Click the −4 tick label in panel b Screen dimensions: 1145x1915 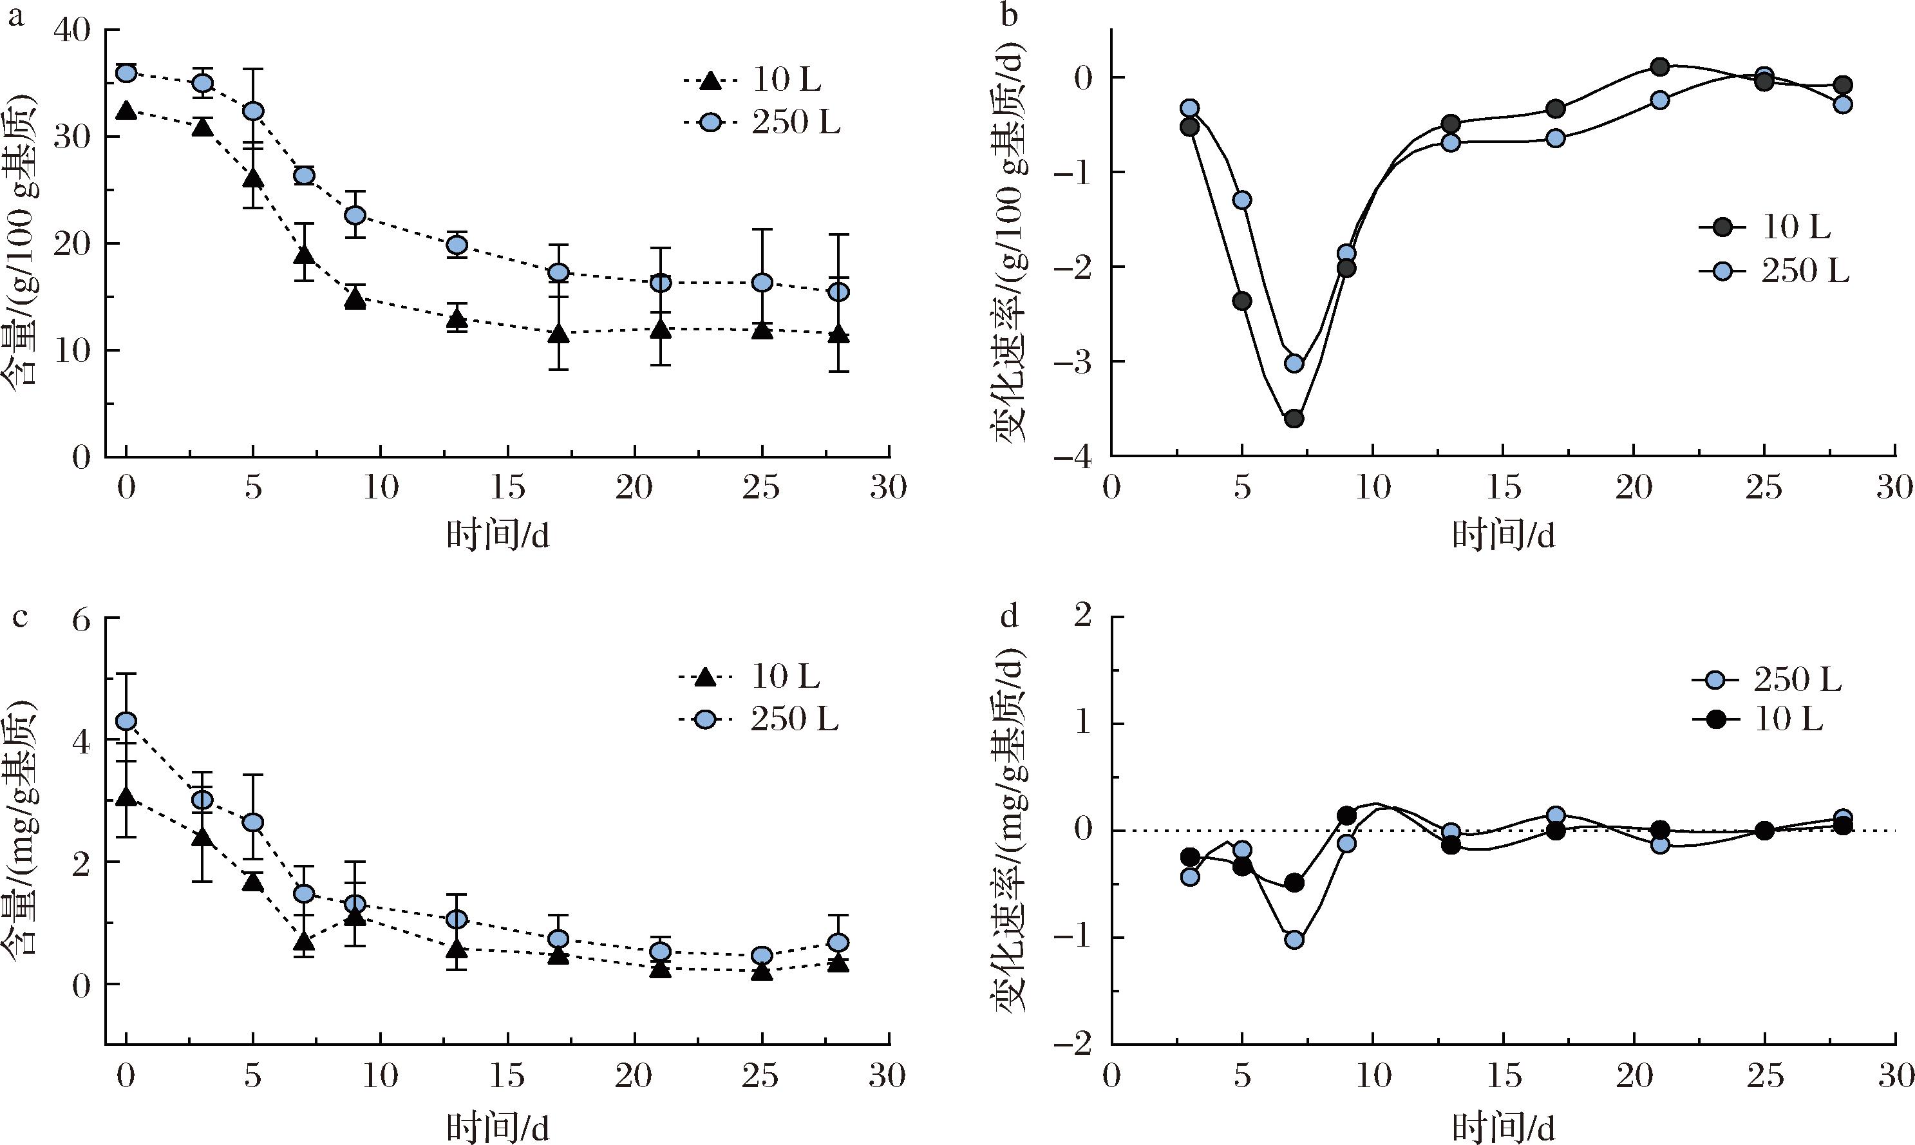(x=1076, y=457)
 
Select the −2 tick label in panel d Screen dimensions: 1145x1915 (x=1076, y=1045)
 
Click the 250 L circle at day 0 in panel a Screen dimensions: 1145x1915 (x=126, y=73)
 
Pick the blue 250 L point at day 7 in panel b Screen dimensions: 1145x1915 (x=1294, y=363)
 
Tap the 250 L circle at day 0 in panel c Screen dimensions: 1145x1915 (x=126, y=721)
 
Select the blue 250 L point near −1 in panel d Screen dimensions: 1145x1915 (x=1294, y=940)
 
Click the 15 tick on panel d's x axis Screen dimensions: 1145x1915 (x=1503, y=1075)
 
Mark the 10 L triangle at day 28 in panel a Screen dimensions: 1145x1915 (x=838, y=336)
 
